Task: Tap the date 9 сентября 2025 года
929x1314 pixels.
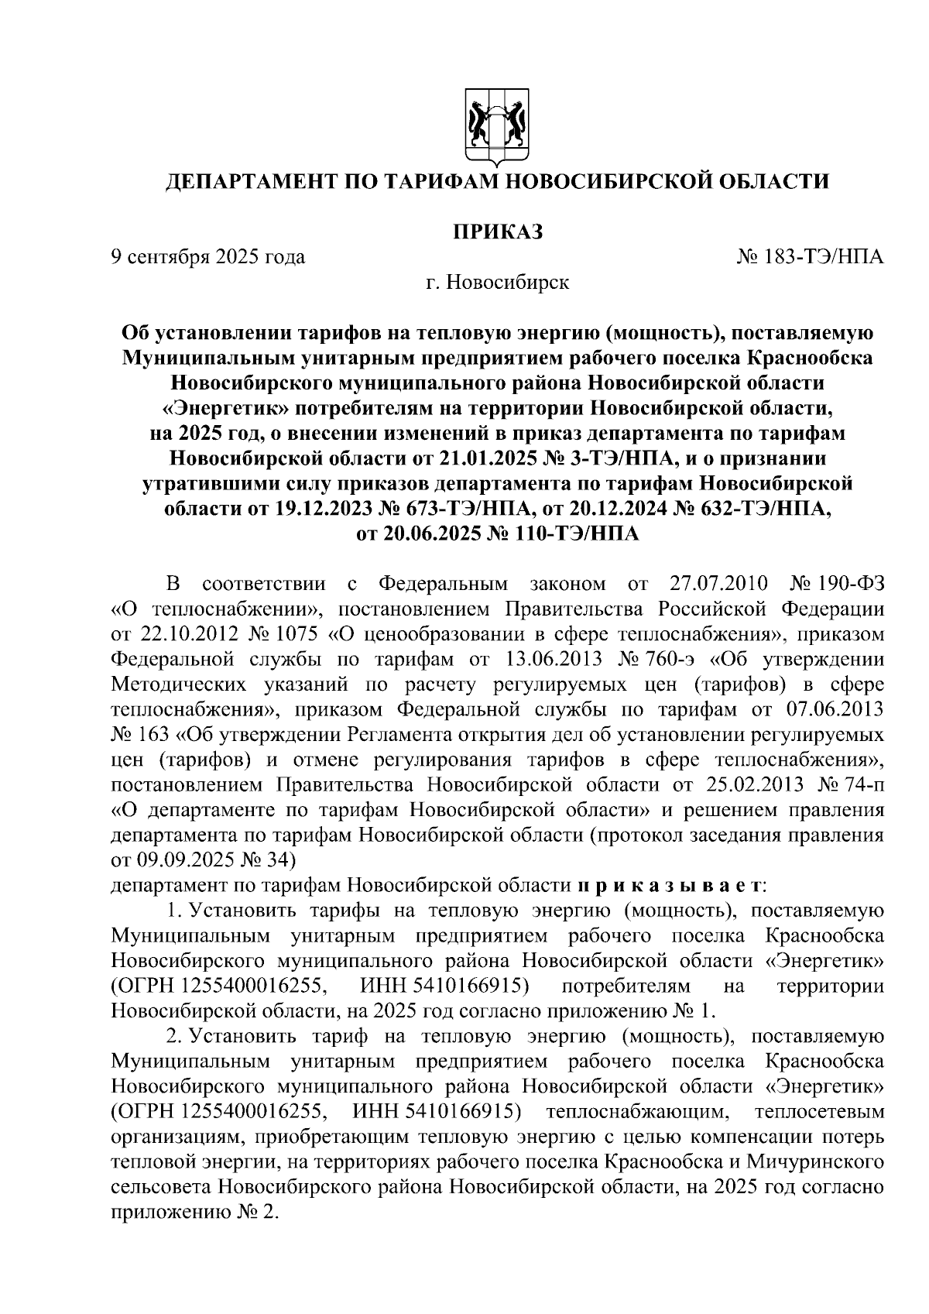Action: [207, 256]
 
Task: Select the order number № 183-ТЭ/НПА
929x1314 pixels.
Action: [811, 256]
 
